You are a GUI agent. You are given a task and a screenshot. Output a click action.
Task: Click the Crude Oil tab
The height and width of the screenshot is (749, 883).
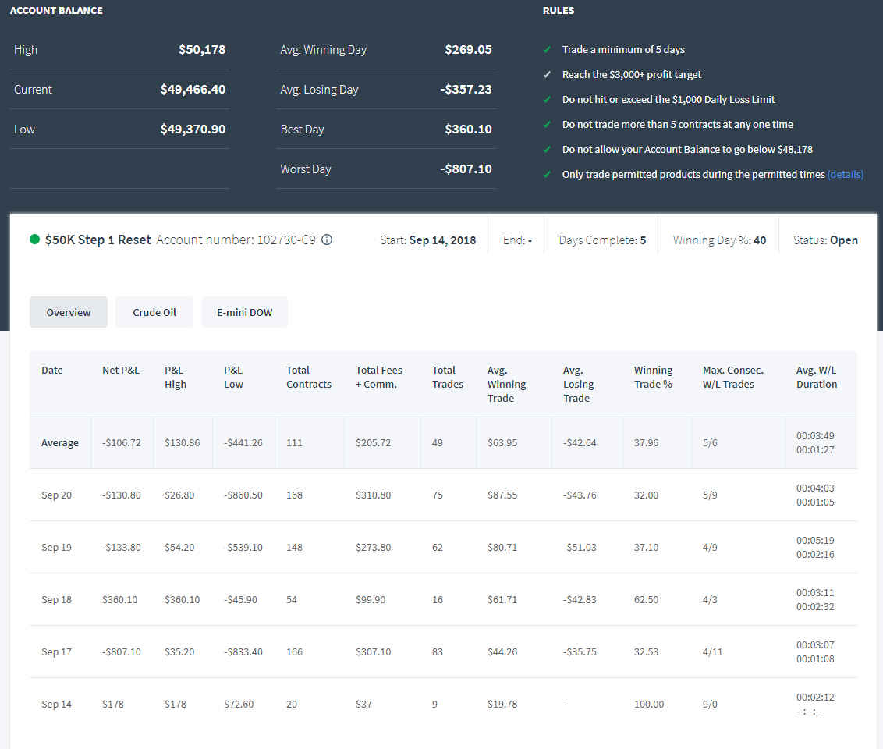154,312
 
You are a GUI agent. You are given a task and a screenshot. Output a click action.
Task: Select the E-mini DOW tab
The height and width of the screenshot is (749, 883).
244,312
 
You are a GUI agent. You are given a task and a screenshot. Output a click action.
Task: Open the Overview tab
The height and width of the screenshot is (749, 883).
68,312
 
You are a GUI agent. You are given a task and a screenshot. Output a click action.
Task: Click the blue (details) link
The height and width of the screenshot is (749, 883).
845,175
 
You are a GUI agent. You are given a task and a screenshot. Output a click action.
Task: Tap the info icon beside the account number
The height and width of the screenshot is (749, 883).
327,240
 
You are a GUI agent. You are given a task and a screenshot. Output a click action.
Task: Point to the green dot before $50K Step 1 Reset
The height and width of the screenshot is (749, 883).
34,240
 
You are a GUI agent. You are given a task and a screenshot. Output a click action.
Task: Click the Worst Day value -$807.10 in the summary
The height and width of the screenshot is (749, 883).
466,169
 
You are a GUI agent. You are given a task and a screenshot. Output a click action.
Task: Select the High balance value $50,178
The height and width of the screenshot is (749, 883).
202,50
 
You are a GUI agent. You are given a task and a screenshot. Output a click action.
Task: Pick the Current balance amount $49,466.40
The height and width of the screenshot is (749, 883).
193,90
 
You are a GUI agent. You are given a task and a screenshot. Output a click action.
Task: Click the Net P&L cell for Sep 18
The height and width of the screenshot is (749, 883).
120,600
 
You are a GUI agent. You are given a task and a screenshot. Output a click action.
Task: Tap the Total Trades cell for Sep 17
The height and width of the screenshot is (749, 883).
438,651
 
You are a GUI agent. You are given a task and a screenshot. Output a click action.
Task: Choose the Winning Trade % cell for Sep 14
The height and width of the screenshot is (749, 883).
649,704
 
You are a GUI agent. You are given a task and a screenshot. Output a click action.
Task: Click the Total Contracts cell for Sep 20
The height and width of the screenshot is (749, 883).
295,495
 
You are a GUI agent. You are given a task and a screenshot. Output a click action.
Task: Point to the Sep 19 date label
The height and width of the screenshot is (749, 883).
56,548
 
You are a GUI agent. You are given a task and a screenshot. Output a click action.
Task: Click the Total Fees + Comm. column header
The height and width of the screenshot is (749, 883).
379,378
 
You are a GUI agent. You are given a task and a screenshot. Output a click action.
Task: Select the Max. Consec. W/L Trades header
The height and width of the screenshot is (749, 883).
733,378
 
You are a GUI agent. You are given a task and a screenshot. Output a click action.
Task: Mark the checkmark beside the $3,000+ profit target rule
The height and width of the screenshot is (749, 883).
547,74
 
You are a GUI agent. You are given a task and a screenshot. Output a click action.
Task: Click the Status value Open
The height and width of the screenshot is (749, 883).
843,240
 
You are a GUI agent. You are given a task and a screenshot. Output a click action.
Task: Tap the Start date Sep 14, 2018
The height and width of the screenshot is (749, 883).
442,240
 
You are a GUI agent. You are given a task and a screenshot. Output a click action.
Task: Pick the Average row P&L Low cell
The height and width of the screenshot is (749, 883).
243,442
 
